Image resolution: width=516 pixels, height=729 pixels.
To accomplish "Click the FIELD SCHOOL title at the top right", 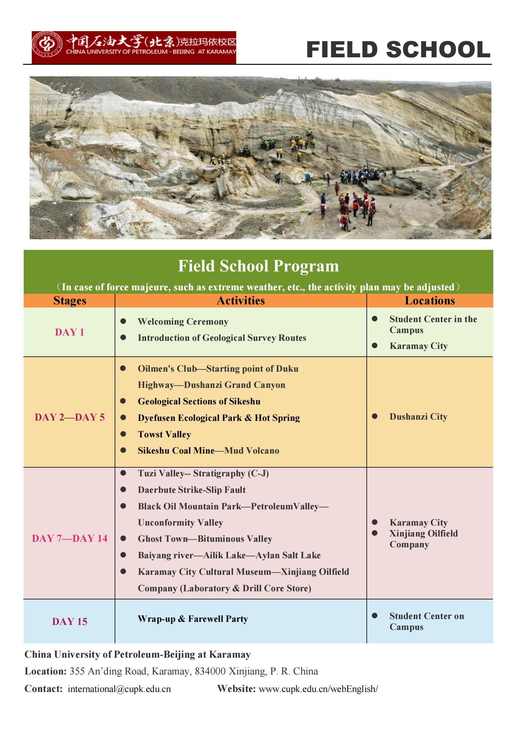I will click(x=399, y=50).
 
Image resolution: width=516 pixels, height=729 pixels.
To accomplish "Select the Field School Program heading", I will click(x=258, y=266).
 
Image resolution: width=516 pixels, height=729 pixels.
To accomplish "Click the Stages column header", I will click(x=69, y=301).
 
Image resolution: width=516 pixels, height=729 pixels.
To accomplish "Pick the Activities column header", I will click(x=241, y=301).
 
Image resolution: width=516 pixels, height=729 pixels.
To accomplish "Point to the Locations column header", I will click(x=430, y=301).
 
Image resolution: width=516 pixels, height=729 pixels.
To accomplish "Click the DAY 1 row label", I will click(x=69, y=332).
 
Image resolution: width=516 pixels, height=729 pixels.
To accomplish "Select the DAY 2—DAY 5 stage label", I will click(x=69, y=417).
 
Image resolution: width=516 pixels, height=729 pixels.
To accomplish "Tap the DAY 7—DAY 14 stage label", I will click(x=69, y=538).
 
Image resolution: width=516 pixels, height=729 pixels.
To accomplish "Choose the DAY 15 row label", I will click(x=69, y=621).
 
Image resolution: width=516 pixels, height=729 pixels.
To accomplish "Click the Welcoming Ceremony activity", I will click(x=183, y=322).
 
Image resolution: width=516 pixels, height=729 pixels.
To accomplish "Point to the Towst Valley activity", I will click(x=164, y=434).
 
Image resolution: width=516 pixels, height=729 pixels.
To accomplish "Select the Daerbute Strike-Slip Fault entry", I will click(x=192, y=490).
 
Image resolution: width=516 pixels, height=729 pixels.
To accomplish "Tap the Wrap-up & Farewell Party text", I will click(x=193, y=619).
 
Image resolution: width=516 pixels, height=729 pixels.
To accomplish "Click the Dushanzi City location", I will click(x=418, y=417).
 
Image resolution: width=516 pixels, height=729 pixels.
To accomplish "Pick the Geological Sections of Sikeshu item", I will click(x=199, y=402).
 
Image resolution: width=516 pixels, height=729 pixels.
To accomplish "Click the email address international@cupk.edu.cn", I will click(x=119, y=689).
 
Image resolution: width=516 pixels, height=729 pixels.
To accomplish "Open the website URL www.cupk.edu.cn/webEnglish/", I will click(x=318, y=689).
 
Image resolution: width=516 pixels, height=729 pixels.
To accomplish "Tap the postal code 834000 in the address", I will click(x=210, y=671).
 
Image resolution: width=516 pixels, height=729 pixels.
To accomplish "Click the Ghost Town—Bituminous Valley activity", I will click(x=205, y=539).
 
